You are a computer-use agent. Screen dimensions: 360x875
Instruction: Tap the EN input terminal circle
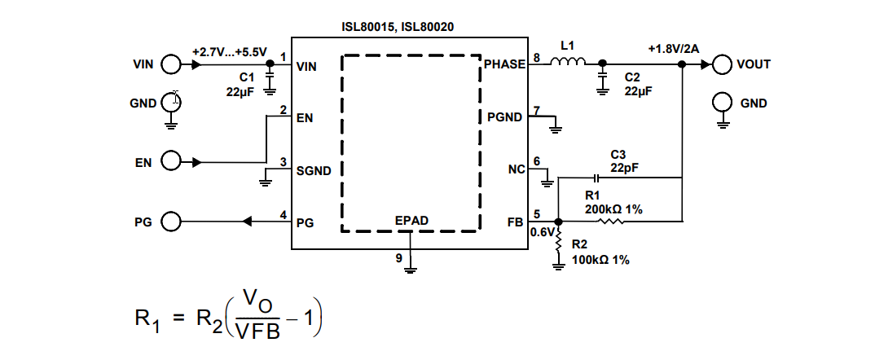[171, 162]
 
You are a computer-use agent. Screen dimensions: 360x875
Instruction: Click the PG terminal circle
[171, 221]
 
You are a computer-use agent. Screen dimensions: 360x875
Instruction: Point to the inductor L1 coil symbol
[568, 62]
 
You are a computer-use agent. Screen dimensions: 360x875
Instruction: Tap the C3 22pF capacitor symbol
[596, 177]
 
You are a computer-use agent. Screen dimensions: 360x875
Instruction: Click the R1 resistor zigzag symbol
[612, 221]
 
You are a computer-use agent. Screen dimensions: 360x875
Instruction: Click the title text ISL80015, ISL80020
[398, 27]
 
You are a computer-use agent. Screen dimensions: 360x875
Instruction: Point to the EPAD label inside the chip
[411, 221]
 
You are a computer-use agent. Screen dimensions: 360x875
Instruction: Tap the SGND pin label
[314, 171]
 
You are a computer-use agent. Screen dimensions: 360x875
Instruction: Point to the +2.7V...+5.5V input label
[229, 51]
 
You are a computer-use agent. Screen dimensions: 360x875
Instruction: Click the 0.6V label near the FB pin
[541, 232]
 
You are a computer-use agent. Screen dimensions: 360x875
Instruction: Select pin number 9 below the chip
[398, 258]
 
